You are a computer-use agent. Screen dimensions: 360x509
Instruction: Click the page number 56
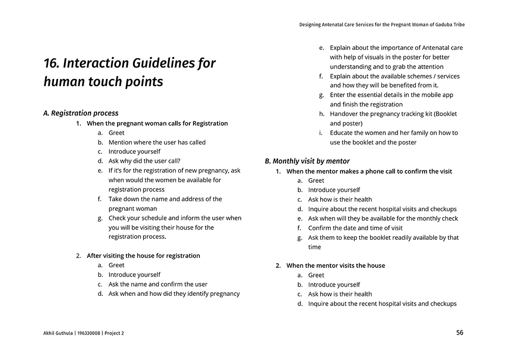(460, 333)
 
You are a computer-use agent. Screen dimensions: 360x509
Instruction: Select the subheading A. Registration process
(81, 113)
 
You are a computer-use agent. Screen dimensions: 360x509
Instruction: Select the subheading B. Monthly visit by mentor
(307, 161)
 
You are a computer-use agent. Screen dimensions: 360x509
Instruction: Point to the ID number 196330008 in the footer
(89, 334)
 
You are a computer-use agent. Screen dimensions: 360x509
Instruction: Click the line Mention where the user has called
(157, 142)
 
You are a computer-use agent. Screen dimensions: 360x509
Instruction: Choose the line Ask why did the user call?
(145, 161)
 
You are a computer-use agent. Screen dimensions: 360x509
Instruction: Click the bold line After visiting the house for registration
(143, 256)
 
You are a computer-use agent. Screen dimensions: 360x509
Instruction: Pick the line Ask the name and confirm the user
(158, 284)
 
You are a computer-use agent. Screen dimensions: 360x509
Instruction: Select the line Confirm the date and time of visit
(355, 228)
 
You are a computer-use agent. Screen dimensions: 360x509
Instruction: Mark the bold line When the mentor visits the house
(335, 265)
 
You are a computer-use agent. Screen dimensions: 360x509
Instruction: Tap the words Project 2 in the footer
(114, 334)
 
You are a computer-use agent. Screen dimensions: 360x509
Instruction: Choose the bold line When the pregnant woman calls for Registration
(157, 123)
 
